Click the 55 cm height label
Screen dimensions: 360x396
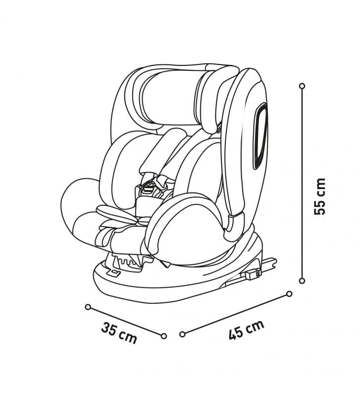tap(319, 197)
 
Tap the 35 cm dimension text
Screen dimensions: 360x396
tap(119, 332)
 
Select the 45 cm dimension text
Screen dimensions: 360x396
tap(246, 329)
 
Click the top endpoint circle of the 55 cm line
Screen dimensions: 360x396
tap(302, 86)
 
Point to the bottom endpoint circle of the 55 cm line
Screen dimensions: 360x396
tap(302, 281)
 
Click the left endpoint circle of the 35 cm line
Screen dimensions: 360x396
tap(88, 307)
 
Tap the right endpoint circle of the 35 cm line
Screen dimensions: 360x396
tap(164, 336)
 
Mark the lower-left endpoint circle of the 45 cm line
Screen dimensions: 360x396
tap(182, 334)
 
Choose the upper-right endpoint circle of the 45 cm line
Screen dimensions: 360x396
tap(290, 294)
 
